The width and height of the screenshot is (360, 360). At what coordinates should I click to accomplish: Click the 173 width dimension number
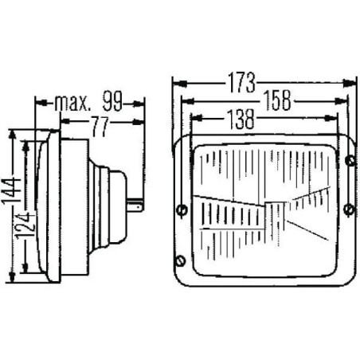point(241,83)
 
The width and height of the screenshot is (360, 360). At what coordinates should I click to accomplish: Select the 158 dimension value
point(277,100)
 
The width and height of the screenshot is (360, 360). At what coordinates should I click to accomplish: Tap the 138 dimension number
point(241,119)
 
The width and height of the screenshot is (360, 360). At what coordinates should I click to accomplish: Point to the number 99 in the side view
point(112,101)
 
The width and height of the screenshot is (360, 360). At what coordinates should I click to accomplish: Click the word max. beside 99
point(72,103)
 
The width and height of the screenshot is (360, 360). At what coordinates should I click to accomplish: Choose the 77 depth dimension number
point(100,127)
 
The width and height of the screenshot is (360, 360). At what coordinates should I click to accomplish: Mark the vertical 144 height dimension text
point(12,191)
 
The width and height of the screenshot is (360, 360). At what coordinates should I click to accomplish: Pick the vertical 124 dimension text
point(26,225)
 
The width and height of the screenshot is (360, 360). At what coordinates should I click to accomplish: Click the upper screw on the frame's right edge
point(350,160)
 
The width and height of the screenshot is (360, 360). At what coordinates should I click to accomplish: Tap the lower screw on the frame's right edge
point(349,209)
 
